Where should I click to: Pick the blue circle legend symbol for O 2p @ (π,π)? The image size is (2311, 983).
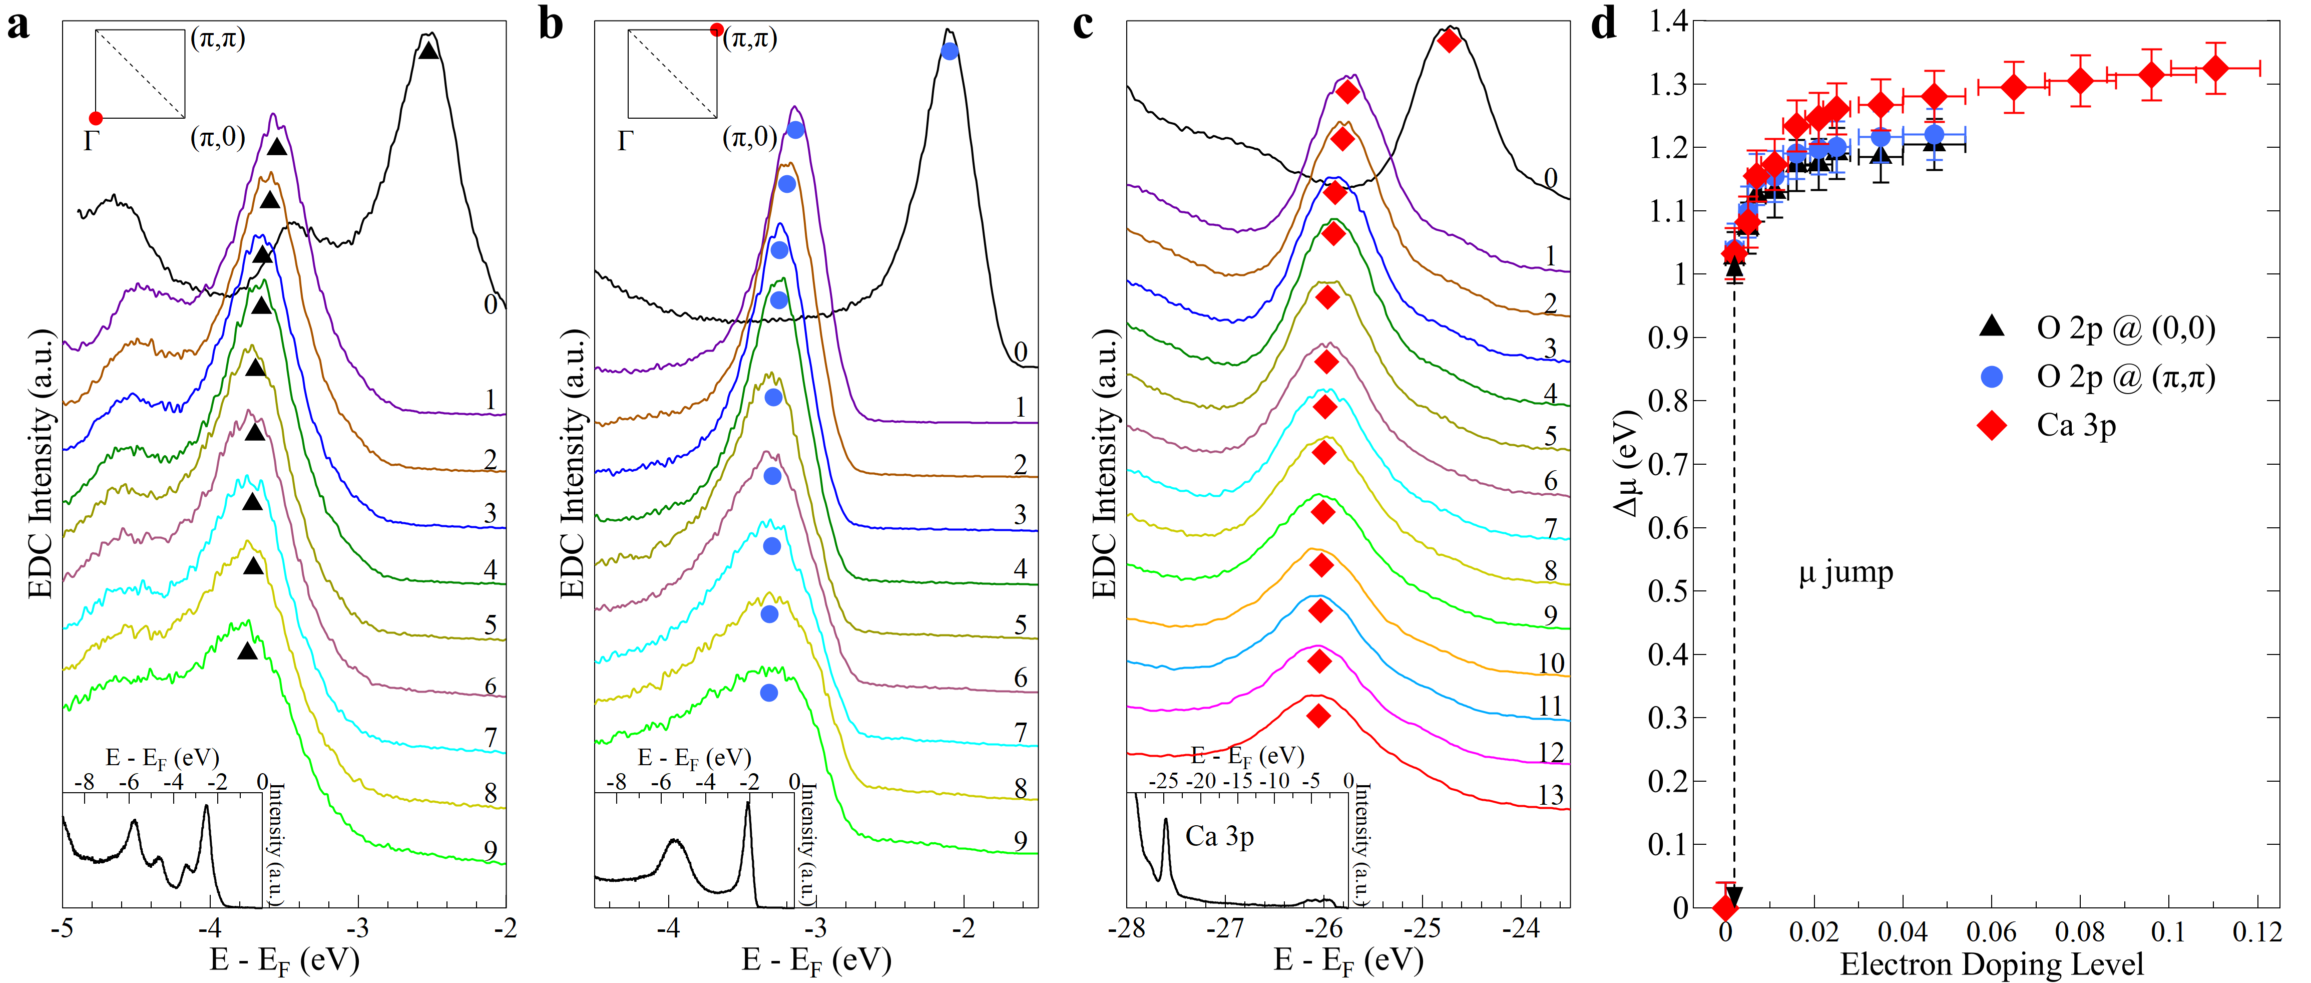coord(1992,377)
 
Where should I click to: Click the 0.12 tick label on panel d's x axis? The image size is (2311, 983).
coord(2256,933)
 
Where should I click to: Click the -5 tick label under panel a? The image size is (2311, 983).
coord(62,928)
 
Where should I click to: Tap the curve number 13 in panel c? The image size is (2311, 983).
coord(1550,795)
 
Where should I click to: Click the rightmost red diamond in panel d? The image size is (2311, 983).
coord(2215,68)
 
